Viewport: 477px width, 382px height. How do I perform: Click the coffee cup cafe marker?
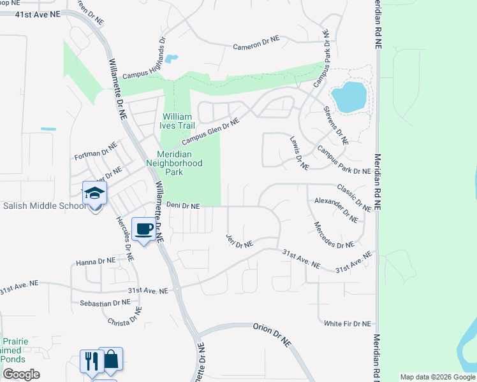click(x=143, y=229)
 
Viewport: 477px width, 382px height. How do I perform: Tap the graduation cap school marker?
click(x=95, y=193)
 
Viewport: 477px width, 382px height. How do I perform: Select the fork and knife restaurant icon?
click(x=91, y=360)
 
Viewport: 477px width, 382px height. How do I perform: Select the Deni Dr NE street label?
click(x=183, y=206)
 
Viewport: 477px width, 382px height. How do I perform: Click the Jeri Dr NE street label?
click(x=240, y=241)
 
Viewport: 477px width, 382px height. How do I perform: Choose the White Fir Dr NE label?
click(x=347, y=323)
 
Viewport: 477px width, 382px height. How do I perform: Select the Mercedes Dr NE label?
click(x=334, y=236)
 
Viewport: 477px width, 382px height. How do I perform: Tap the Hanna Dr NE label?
click(x=96, y=261)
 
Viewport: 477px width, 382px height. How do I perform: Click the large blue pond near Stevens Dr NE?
click(x=349, y=96)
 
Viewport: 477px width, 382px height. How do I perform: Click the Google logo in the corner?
click(x=21, y=374)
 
